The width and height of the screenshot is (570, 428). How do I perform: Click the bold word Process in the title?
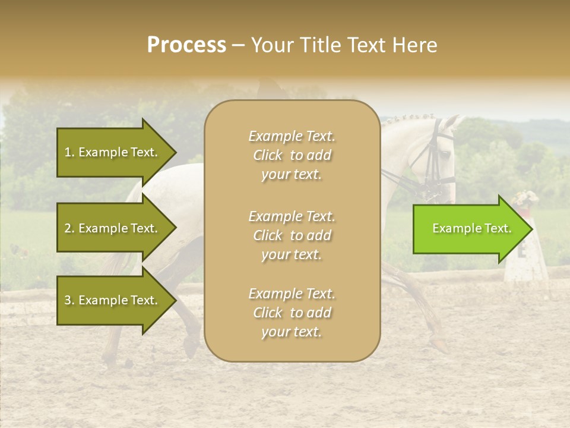pyautogui.click(x=186, y=45)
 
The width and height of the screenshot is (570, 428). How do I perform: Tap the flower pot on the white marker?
pyautogui.click(x=525, y=200)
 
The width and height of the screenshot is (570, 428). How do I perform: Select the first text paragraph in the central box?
pyautogui.click(x=292, y=155)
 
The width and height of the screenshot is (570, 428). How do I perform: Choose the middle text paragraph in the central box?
pyautogui.click(x=292, y=235)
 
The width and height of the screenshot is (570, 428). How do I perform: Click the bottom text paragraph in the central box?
pyautogui.click(x=292, y=313)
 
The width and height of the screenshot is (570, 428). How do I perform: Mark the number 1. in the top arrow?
pyautogui.click(x=69, y=152)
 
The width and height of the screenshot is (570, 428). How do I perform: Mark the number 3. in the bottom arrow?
pyautogui.click(x=69, y=300)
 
